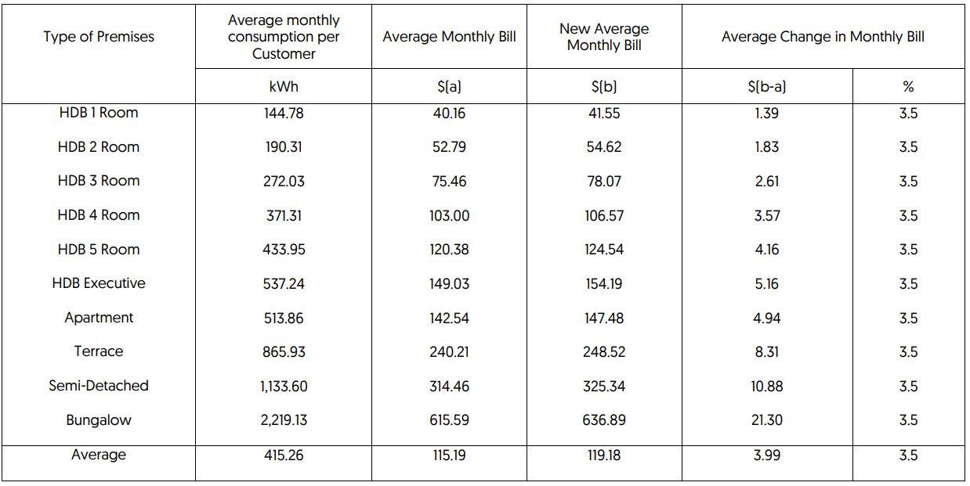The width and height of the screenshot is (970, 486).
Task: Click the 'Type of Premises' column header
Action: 99,37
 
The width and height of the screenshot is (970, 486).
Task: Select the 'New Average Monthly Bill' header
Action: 604,37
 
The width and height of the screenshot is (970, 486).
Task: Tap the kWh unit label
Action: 283,87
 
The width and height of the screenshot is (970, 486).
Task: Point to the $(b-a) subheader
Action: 766,87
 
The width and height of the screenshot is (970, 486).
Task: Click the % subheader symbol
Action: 908,87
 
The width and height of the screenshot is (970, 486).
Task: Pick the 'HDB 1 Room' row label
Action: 99,113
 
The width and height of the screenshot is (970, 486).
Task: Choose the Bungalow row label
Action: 99,420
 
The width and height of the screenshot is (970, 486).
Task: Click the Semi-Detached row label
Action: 99,386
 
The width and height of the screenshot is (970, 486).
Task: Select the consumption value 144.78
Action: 284,113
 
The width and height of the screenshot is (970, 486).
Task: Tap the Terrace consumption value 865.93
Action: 284,352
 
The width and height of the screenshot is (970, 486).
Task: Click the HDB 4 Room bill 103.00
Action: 449,216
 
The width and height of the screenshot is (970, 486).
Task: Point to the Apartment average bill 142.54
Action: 449,319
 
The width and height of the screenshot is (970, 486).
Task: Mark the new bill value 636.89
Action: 604,420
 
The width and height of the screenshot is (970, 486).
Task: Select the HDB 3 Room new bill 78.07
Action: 604,182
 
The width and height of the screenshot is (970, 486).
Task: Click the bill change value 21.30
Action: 766,420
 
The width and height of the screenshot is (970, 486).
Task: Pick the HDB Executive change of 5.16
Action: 766,284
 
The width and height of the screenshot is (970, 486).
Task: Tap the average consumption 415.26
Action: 284,455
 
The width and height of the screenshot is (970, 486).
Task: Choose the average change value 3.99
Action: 766,455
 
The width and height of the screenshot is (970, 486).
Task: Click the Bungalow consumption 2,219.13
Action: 284,420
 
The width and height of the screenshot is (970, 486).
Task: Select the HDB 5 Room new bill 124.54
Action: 604,250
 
